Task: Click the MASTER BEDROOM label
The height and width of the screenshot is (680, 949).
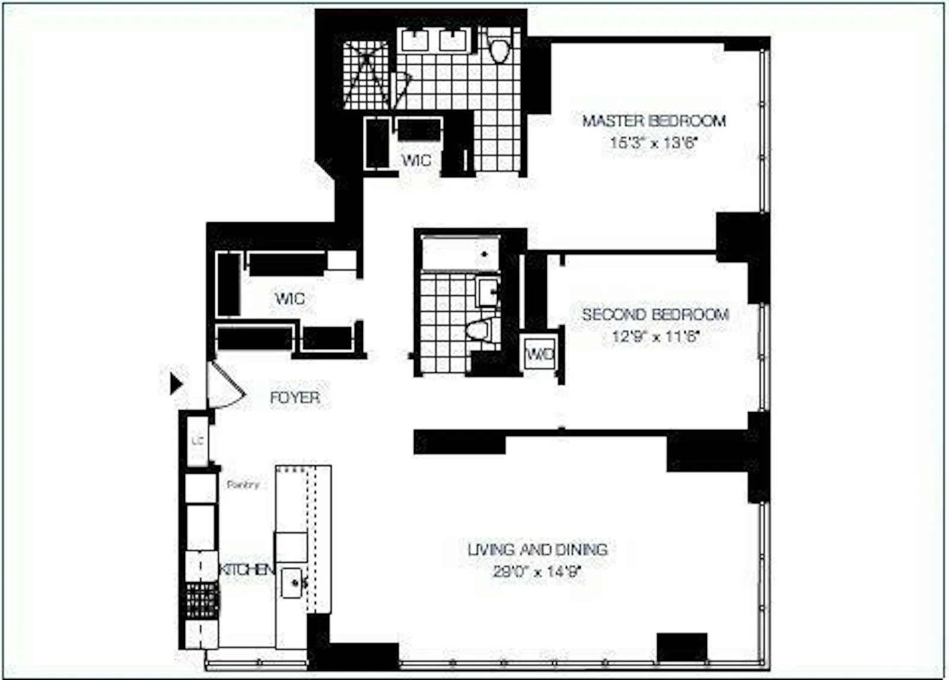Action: coord(654,121)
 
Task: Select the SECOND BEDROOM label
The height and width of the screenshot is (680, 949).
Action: coord(655,315)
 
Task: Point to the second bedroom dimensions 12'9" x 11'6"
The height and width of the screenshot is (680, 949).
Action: coord(655,337)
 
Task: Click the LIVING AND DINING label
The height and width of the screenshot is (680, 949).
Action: coord(537,550)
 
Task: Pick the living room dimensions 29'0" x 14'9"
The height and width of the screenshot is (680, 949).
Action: coord(537,572)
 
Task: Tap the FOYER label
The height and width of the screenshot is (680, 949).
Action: coord(295,398)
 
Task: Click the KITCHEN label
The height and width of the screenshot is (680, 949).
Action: coord(247,570)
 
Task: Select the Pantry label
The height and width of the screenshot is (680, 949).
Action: coord(243,485)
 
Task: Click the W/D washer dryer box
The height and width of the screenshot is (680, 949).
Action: coord(540,354)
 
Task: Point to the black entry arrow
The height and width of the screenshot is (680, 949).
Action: coord(176,384)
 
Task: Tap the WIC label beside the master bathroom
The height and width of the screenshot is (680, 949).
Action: coord(416,160)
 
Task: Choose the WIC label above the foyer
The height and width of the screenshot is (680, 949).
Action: coord(290,298)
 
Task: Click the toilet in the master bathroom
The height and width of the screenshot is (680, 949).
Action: coord(499,47)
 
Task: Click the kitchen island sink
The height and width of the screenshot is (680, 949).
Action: coord(291,583)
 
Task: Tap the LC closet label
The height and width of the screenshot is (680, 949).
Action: coord(198,441)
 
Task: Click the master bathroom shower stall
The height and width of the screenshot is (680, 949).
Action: coord(367,75)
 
